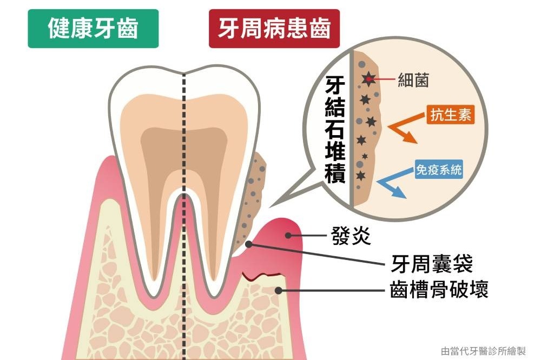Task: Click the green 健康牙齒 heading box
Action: click(x=93, y=29)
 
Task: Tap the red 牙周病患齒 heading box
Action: click(x=274, y=29)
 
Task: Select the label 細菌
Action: click(x=413, y=80)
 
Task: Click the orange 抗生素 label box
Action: click(x=451, y=115)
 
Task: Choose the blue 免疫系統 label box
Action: click(x=439, y=169)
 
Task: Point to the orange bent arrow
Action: click(x=404, y=128)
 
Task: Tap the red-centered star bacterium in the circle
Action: click(x=369, y=79)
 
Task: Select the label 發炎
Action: click(x=351, y=236)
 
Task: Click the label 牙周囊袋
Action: click(x=432, y=263)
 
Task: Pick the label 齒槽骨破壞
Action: click(x=439, y=289)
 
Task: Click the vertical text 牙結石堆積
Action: click(x=335, y=129)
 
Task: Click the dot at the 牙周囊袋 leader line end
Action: click(x=248, y=244)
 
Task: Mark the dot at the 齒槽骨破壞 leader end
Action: click(x=278, y=290)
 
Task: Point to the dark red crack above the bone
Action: click(x=261, y=276)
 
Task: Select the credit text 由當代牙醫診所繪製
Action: click(x=483, y=351)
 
